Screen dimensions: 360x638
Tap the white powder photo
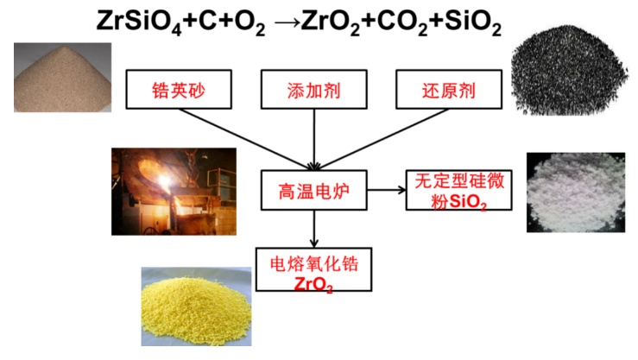(x=574, y=193)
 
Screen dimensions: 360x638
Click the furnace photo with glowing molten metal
(x=174, y=191)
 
